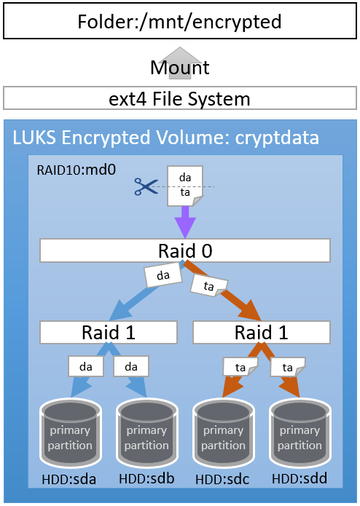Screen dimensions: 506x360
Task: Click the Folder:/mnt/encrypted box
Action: coord(179,22)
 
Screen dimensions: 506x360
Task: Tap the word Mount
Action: coord(179,68)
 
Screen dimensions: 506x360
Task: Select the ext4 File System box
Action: coord(179,98)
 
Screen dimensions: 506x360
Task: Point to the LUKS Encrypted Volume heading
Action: coord(165,138)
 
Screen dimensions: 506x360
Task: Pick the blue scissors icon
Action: coord(146,186)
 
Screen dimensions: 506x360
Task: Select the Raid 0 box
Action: coord(185,251)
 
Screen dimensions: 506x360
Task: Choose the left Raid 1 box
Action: coord(109,333)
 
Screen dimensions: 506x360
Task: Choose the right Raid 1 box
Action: coord(261,333)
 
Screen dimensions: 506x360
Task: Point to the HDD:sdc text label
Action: coord(222,481)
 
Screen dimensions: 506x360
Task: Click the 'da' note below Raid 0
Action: coord(163,276)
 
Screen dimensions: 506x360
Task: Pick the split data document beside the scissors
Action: coord(185,186)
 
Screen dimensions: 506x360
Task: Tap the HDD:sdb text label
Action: coord(146,481)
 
